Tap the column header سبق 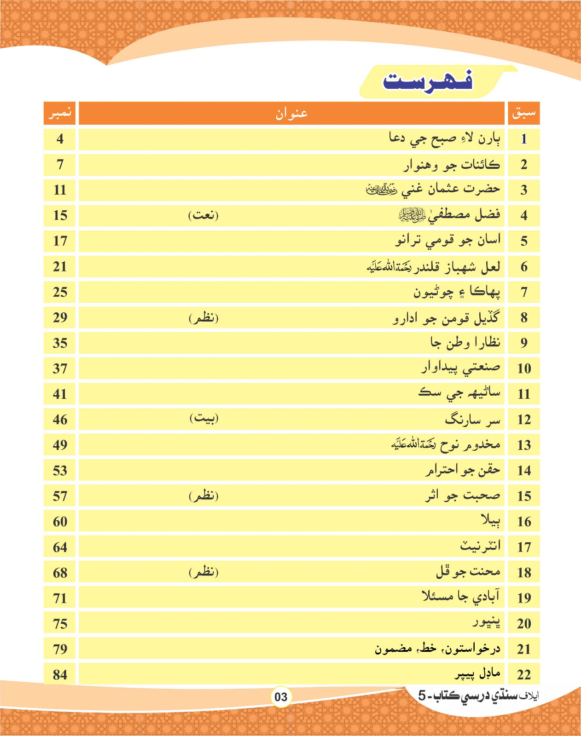[523, 113]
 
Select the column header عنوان [291, 113]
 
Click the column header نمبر [60, 113]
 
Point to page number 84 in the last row [60, 675]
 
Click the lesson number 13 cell [523, 445]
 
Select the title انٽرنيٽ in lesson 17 [480, 546]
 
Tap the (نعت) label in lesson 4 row [203, 215]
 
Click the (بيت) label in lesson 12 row [203, 419]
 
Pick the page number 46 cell [60, 420]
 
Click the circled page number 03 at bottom [281, 697]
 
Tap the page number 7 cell [60, 165]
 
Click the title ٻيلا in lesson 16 [490, 521]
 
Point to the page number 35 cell [60, 343]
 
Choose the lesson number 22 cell [523, 675]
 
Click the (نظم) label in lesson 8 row [203, 318]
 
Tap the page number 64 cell [60, 547]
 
